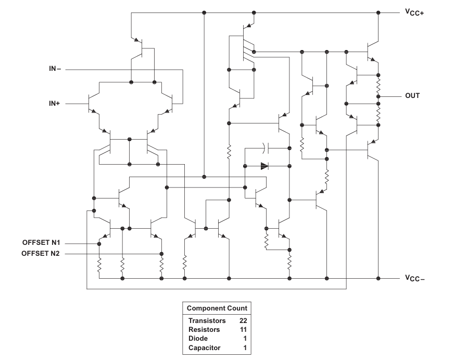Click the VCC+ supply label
[414, 13]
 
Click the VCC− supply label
[414, 279]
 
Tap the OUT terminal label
[412, 96]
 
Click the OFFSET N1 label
[41, 243]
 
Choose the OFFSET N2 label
[41, 254]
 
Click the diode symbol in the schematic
[264, 167]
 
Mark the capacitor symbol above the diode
[266, 148]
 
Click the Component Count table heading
[217, 308]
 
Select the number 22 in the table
[242, 321]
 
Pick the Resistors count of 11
[242, 330]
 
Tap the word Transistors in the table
[207, 321]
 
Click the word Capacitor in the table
[205, 347]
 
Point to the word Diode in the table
[198, 339]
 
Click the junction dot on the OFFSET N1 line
[99, 243]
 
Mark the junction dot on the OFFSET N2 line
[161, 254]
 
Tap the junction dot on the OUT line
[379, 96]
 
